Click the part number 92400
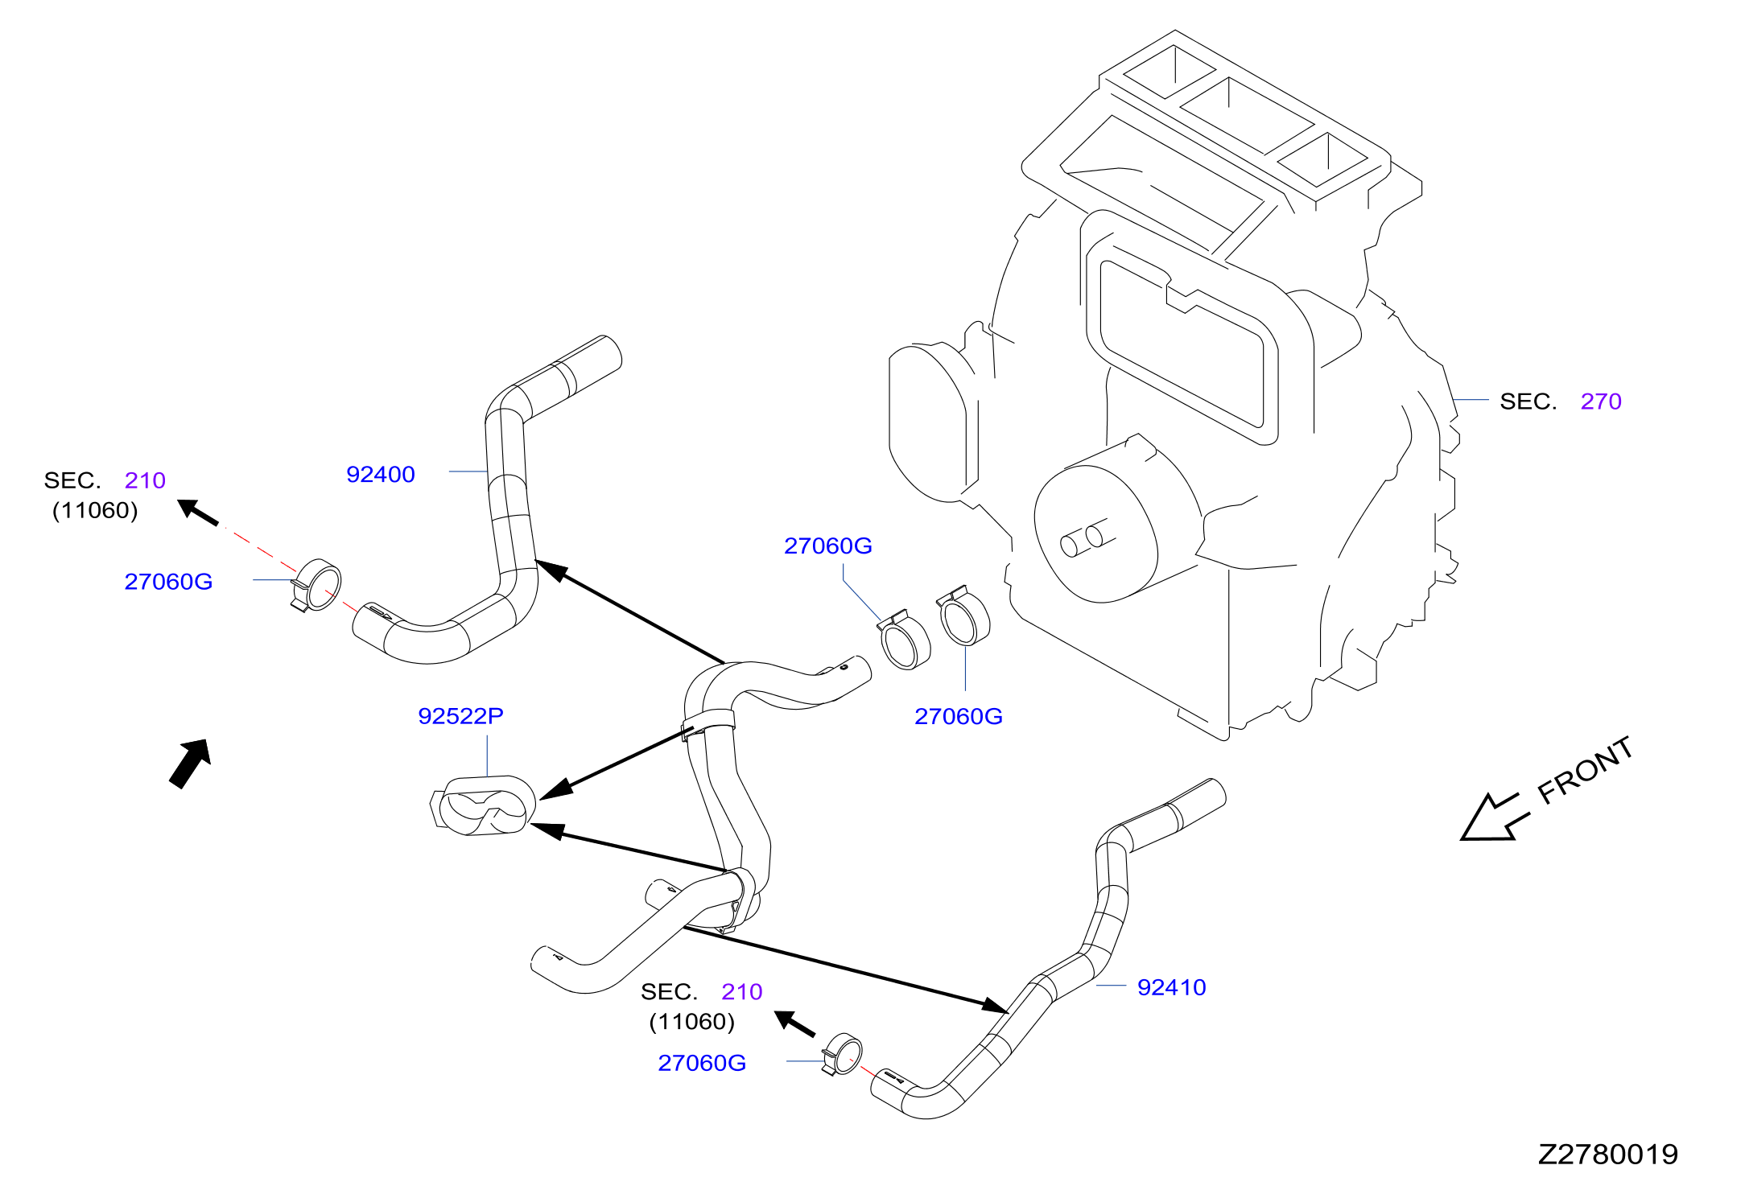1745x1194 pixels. (x=381, y=475)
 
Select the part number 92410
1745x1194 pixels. (x=1171, y=987)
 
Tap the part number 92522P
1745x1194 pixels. (x=460, y=716)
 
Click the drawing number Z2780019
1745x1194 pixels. (x=1607, y=1155)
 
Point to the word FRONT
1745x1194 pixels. (x=1585, y=771)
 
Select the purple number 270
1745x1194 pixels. (x=1601, y=401)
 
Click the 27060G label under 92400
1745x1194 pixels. (x=168, y=582)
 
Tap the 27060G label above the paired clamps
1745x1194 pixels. (x=828, y=546)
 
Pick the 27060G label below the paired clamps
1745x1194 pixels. (x=959, y=717)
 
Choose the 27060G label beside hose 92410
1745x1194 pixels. (x=702, y=1064)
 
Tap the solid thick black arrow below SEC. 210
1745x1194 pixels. (x=190, y=764)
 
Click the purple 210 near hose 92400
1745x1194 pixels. (x=145, y=480)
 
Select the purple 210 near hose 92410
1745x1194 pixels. (x=741, y=992)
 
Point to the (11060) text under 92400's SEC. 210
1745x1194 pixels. (x=95, y=511)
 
